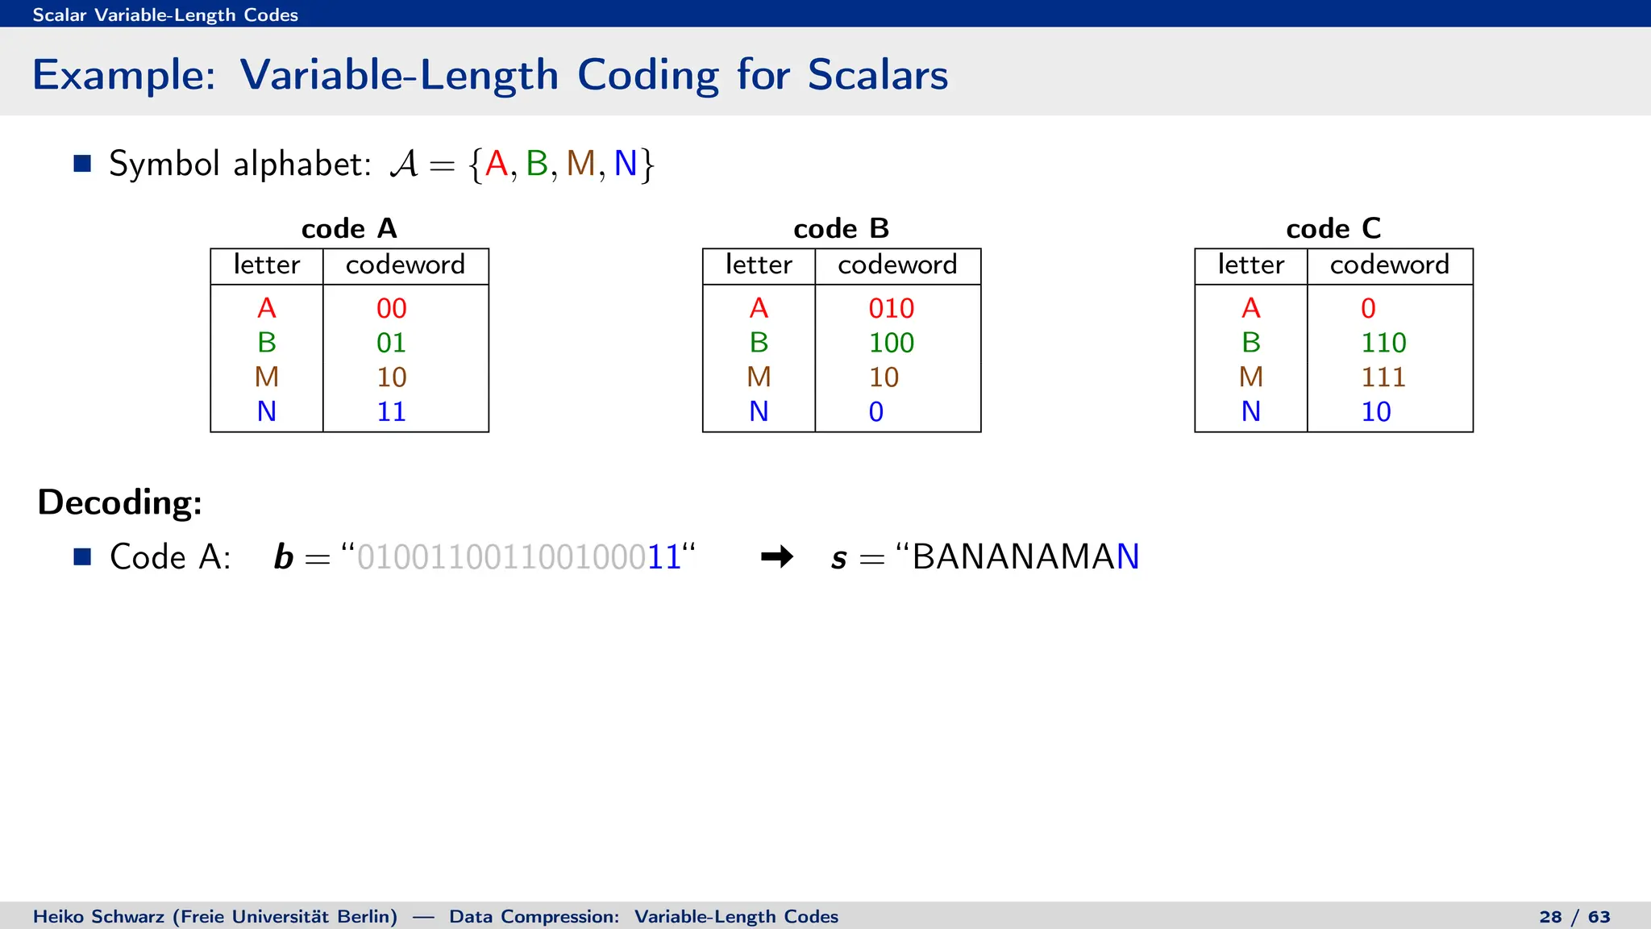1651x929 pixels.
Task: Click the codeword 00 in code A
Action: [x=391, y=308]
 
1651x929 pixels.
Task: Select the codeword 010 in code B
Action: [x=891, y=308]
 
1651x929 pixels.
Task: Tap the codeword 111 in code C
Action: [x=1383, y=377]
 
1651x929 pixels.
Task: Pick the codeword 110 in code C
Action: [x=1383, y=343]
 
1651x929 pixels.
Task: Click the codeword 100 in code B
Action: [x=891, y=343]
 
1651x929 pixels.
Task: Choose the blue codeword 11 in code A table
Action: [x=391, y=412]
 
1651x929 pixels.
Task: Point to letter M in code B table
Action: [x=759, y=377]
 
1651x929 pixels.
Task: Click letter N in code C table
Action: [x=1250, y=412]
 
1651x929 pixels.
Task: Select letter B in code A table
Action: [x=267, y=343]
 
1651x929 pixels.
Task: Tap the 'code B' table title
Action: [x=841, y=229]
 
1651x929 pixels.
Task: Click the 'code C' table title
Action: [x=1333, y=229]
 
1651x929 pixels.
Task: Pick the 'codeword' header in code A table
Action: [x=405, y=265]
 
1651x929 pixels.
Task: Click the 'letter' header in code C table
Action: [x=1250, y=265]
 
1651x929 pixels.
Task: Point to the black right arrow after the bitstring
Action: [x=777, y=556]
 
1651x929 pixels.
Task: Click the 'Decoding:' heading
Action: [x=119, y=502]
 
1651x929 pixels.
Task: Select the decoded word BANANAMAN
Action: [x=1025, y=557]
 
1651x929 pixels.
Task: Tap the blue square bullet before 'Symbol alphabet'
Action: [x=82, y=164]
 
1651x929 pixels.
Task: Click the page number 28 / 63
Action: [x=1574, y=917]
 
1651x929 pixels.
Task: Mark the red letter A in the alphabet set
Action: [x=497, y=164]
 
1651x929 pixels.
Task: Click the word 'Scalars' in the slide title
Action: [x=877, y=75]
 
